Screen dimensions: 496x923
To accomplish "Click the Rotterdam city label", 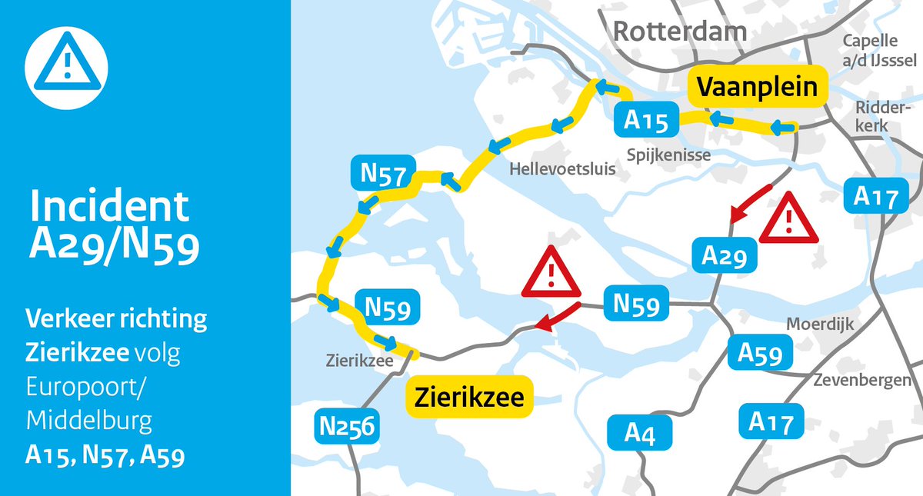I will point(680,31).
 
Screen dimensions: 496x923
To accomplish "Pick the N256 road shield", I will point(347,425).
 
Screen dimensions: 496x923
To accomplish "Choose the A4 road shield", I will point(640,432).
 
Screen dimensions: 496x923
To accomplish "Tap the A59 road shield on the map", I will point(760,353).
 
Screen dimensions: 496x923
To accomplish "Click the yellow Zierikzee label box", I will point(469,398).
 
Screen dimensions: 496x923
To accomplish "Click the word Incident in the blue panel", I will point(108,206).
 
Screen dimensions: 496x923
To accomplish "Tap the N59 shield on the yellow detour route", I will point(386,306).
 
